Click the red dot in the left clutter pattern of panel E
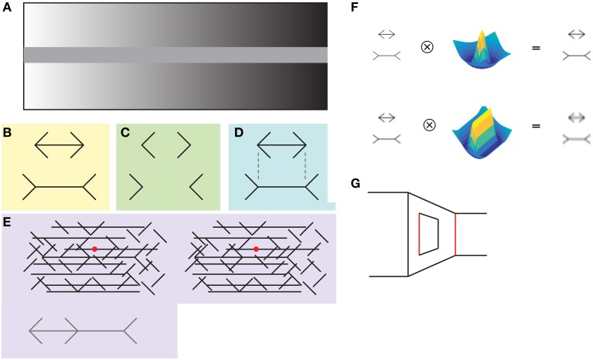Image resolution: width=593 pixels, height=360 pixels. pyautogui.click(x=94, y=249)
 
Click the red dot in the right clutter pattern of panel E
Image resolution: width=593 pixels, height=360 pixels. pyautogui.click(x=256, y=249)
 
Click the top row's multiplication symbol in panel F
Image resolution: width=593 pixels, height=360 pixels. pyautogui.click(x=426, y=46)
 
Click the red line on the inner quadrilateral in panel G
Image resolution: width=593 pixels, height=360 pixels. pyautogui.click(x=419, y=234)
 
